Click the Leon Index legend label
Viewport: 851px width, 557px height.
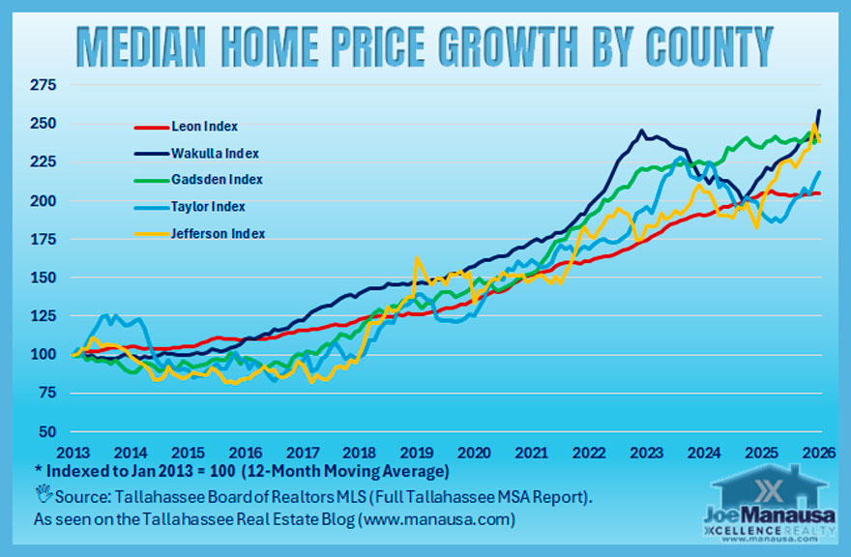click(x=204, y=127)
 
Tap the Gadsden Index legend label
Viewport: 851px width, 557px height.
click(x=216, y=180)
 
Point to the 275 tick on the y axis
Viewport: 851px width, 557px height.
click(x=44, y=86)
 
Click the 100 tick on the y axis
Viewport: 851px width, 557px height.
click(x=44, y=355)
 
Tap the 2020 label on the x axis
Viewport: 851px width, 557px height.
click(x=474, y=453)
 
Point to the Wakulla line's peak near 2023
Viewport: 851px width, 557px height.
click(x=641, y=131)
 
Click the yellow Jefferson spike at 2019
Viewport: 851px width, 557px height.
click(x=416, y=259)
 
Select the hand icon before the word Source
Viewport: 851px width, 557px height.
click(x=42, y=497)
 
